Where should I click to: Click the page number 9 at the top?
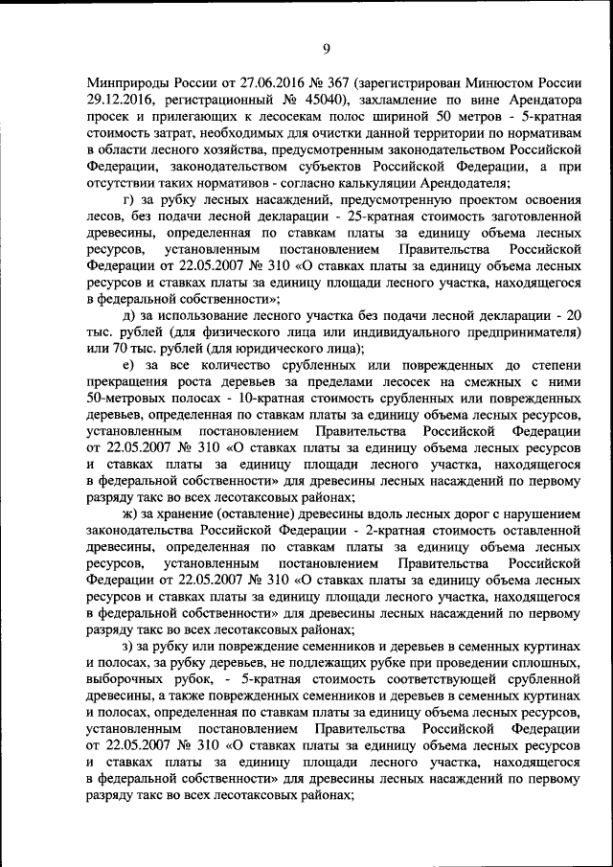pyautogui.click(x=325, y=49)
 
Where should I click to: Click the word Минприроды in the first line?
pyautogui.click(x=124, y=83)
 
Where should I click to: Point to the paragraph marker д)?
pyautogui.click(x=129, y=316)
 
